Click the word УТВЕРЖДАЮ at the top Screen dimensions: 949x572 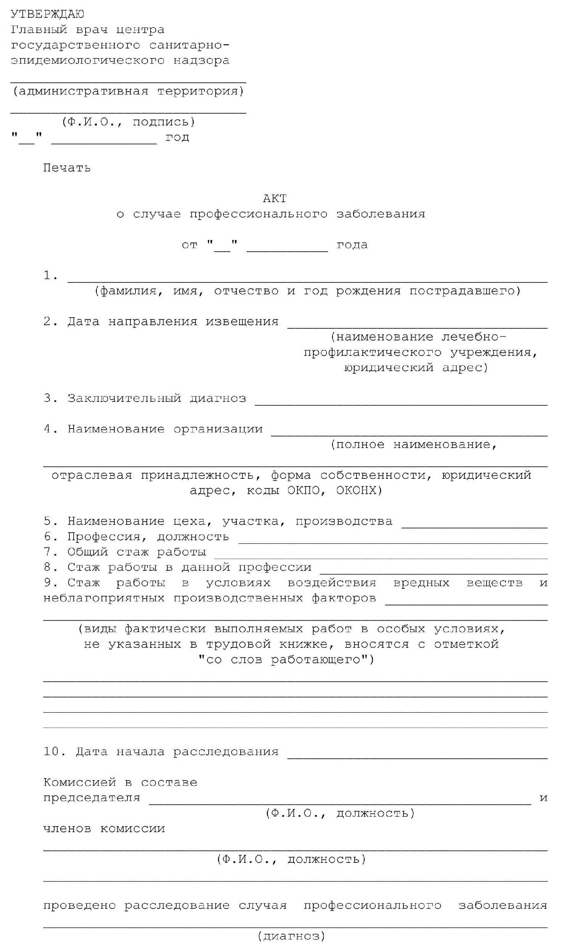[47, 14]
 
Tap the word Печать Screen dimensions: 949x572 [67, 168]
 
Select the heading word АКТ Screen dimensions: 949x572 [275, 199]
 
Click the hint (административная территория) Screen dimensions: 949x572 [128, 91]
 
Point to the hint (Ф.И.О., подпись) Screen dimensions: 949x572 [128, 122]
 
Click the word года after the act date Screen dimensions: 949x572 [352, 245]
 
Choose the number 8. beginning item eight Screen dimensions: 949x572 [50, 567]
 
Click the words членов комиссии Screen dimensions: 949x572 [104, 829]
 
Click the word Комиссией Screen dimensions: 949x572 [80, 782]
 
